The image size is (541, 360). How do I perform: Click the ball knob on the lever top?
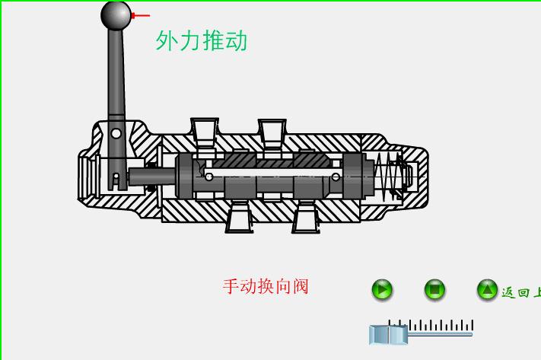tap(116, 15)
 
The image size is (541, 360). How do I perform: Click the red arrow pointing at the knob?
tap(141, 15)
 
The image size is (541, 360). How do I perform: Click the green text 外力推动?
tap(202, 40)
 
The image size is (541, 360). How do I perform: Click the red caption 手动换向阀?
tap(266, 287)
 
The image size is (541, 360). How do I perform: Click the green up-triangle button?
tap(487, 290)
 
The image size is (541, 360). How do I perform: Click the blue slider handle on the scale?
tap(388, 334)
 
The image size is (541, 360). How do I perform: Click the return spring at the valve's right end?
tap(390, 176)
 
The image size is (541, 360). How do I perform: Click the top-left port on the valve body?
tap(204, 130)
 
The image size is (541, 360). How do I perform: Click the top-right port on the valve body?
tap(272, 130)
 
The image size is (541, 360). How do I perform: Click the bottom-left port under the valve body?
tap(239, 218)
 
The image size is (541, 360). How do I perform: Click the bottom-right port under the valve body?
tap(306, 218)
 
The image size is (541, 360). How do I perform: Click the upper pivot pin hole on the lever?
tap(116, 133)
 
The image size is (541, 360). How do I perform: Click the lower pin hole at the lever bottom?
tap(116, 177)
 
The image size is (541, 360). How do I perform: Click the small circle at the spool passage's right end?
tap(336, 177)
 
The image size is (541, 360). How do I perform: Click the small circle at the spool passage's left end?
tap(209, 177)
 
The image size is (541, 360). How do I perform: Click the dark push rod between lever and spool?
tap(151, 177)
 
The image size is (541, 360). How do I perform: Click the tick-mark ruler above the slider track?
tap(430, 325)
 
